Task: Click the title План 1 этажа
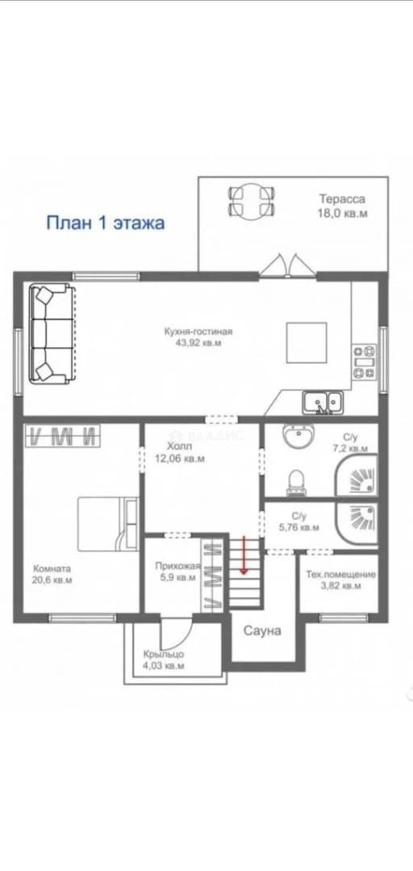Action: tap(105, 223)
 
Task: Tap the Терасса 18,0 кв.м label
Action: tap(342, 206)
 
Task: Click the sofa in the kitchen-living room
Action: tap(51, 333)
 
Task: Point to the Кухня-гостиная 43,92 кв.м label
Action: tap(198, 337)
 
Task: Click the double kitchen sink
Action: tap(323, 402)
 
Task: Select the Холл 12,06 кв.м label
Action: tap(178, 452)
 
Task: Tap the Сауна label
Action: tap(262, 631)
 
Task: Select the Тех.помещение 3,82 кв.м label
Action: tap(340, 579)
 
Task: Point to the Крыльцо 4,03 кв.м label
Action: tap(164, 660)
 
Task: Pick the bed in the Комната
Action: tap(108, 524)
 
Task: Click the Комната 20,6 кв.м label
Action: tap(52, 574)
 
